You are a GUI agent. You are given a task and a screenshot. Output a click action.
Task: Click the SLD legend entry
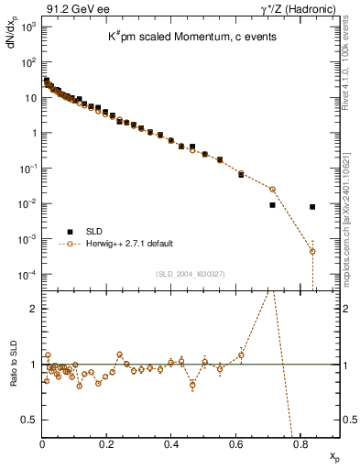(92, 232)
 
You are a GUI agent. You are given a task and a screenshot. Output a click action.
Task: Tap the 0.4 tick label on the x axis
(171, 445)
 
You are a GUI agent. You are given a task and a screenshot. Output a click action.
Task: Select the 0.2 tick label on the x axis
(107, 445)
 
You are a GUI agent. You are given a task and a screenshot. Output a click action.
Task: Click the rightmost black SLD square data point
(312, 207)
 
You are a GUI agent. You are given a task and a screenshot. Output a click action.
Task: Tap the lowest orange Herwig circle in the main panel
(312, 251)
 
